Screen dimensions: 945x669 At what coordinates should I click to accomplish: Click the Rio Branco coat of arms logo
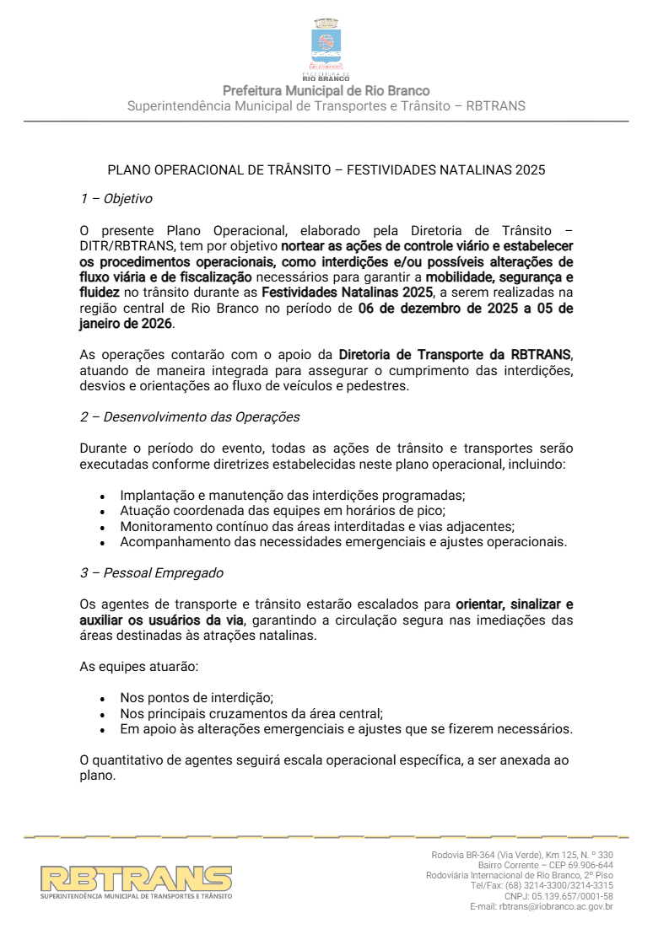(x=326, y=46)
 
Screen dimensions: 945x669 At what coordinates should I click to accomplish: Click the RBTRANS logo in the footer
(x=136, y=880)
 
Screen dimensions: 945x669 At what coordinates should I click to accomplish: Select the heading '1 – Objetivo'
(x=116, y=199)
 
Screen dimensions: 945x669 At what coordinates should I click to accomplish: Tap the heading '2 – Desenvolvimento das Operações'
(x=189, y=417)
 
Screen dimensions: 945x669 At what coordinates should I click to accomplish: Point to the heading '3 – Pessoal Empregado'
(x=151, y=573)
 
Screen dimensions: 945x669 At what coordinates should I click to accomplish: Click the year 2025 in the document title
(x=530, y=169)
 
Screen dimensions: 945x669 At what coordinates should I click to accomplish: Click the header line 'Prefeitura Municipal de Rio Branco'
(x=326, y=91)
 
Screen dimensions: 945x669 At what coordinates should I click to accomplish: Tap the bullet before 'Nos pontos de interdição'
(x=102, y=700)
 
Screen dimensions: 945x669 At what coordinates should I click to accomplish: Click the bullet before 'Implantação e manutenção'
(x=102, y=497)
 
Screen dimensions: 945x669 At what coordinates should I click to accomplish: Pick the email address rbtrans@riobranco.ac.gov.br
(x=556, y=906)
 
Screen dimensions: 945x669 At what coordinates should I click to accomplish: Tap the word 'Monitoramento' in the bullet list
(x=163, y=527)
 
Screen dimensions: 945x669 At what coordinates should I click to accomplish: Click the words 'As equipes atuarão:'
(x=138, y=667)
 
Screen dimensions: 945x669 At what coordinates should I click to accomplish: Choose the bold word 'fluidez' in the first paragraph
(x=100, y=293)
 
